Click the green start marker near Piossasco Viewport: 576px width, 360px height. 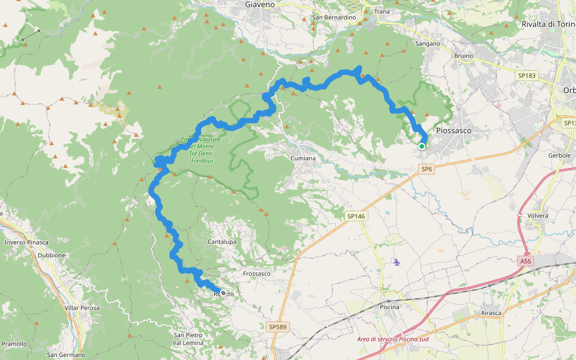click(x=422, y=146)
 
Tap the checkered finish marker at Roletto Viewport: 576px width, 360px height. click(x=223, y=293)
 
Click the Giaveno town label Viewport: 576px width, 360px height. click(x=260, y=4)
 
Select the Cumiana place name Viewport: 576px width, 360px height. click(x=303, y=158)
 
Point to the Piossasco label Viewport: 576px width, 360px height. click(x=454, y=130)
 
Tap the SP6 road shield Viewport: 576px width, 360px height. click(x=427, y=170)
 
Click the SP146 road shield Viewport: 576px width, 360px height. click(x=355, y=216)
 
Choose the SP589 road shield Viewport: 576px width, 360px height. click(x=277, y=327)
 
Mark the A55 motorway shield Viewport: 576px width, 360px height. click(x=526, y=262)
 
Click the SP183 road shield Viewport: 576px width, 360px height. click(x=526, y=76)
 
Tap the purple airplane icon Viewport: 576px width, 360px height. click(x=396, y=262)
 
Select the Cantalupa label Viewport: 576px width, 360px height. click(x=222, y=242)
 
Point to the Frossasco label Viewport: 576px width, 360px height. click(x=257, y=274)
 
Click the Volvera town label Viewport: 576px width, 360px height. click(x=538, y=215)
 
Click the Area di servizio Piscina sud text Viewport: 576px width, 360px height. click(x=393, y=340)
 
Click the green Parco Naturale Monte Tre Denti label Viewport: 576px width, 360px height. click(x=201, y=150)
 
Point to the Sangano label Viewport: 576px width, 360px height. click(x=428, y=44)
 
